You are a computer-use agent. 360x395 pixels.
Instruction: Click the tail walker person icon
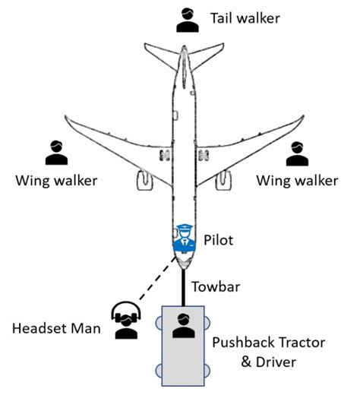tap(187, 20)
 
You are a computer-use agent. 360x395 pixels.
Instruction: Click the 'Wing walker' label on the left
tap(55, 181)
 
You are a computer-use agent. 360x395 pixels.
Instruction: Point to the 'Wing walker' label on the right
tap(297, 181)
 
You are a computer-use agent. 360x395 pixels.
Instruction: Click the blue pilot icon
tap(183, 239)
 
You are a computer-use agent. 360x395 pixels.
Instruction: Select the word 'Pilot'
tap(219, 240)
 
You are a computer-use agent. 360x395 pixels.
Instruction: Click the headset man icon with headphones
tap(125, 320)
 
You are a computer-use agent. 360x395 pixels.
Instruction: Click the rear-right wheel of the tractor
tap(206, 371)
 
